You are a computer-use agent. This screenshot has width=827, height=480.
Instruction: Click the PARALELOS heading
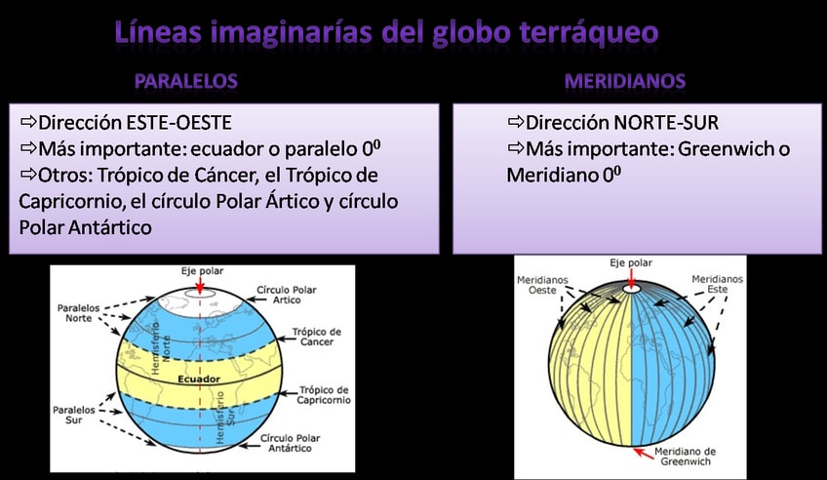click(x=185, y=81)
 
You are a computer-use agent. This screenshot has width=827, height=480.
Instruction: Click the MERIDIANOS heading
click(x=625, y=81)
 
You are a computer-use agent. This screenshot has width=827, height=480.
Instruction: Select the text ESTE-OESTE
click(x=178, y=122)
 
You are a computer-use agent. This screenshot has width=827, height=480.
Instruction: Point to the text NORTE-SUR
click(x=666, y=122)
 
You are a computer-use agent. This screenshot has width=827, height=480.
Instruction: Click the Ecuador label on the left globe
click(x=199, y=379)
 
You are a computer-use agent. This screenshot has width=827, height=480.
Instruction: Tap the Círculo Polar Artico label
click(x=287, y=295)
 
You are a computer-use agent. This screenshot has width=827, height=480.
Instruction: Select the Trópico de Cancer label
click(x=316, y=337)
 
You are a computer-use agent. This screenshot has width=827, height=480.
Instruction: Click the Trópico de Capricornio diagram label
click(x=324, y=395)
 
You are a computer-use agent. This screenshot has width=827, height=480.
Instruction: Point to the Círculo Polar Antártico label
click(x=290, y=443)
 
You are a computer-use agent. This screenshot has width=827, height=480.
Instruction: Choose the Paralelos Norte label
click(x=79, y=313)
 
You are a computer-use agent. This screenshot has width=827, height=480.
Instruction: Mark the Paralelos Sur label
click(x=74, y=415)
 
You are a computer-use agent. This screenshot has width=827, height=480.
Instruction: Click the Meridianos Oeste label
click(x=542, y=285)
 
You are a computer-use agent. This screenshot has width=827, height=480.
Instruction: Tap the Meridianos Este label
click(x=718, y=284)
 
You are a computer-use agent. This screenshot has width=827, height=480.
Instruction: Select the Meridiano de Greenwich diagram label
click(x=686, y=457)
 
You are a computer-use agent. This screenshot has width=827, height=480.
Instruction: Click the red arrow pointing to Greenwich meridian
click(x=643, y=453)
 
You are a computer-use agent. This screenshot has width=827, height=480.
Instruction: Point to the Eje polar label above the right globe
click(x=631, y=262)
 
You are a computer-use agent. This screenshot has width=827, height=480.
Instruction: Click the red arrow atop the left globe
click(x=200, y=285)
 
